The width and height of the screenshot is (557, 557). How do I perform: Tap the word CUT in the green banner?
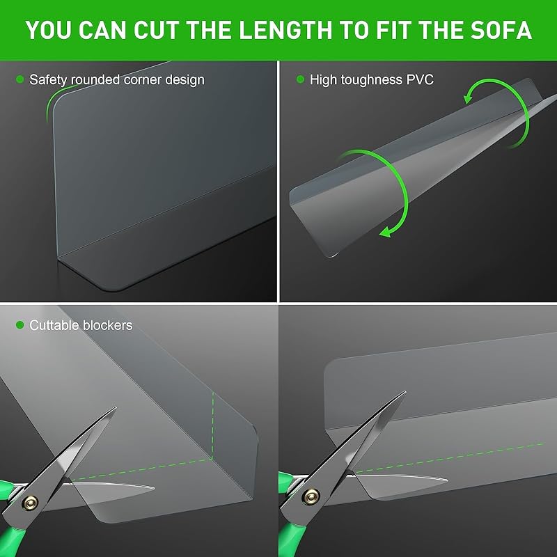155,30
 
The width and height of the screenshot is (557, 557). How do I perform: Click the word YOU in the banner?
49,30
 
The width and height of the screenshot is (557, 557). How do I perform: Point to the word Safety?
48,80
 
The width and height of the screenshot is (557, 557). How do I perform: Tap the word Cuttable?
54,325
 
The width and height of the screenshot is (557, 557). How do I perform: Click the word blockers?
107,325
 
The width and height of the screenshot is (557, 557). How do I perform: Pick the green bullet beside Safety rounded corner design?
20,79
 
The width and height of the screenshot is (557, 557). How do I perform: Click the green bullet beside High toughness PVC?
301,79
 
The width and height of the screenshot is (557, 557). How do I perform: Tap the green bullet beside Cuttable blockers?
20,324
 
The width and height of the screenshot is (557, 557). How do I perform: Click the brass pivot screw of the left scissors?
30,502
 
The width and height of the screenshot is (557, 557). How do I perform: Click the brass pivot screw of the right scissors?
311,496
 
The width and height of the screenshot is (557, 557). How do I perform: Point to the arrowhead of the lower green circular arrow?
386,233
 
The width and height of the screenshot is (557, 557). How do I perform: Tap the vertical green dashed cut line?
213,425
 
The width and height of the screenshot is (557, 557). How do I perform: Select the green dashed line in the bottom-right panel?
449,458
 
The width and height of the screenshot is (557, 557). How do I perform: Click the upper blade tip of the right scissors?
405,392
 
